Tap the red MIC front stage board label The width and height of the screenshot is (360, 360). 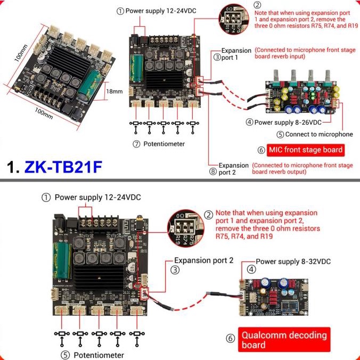point(306,150)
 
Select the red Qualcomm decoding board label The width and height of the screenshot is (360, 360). point(284,340)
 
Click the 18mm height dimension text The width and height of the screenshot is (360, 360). point(114,91)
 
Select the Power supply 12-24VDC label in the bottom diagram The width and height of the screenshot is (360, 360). point(98,197)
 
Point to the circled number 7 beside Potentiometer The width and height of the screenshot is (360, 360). point(136,144)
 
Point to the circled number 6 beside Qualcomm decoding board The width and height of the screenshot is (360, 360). point(231,339)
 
